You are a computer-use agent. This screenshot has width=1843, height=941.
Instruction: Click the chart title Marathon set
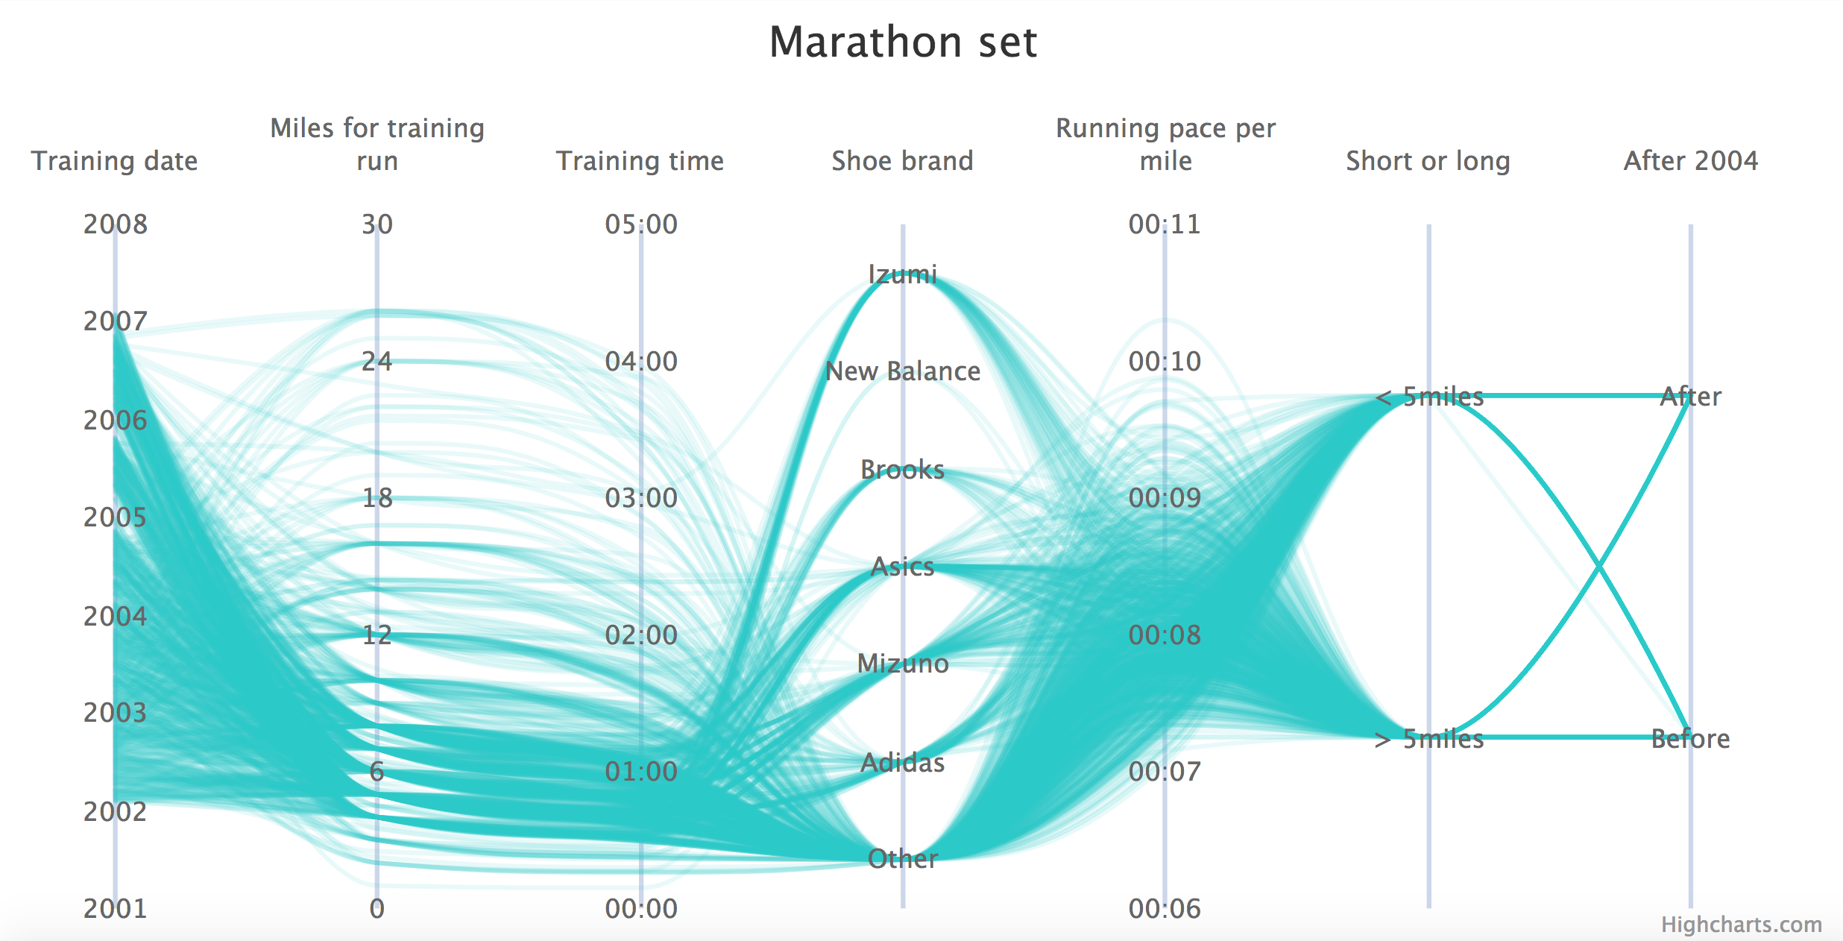[903, 42]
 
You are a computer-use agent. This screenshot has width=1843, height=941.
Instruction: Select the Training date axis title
[115, 161]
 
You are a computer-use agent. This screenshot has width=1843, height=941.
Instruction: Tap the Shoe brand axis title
[902, 161]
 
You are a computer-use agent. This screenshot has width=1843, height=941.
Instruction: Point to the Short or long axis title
[1428, 161]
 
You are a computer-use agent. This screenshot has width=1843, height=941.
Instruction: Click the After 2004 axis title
[1691, 161]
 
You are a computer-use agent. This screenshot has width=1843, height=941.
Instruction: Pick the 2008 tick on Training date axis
[116, 224]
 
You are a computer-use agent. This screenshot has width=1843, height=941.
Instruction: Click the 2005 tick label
[116, 517]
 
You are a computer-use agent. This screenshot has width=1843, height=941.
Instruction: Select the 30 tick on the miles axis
[377, 224]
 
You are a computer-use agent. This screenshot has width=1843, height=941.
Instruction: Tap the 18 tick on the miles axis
[377, 497]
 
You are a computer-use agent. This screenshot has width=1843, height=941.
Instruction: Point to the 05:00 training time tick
[641, 224]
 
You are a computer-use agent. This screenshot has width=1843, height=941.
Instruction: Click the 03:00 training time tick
[641, 497]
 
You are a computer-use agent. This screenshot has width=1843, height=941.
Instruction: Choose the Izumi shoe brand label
[902, 274]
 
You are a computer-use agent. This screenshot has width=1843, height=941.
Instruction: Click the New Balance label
[902, 371]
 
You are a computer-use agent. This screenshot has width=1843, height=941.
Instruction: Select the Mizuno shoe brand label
[902, 663]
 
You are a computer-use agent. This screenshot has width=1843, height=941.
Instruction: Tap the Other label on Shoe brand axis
[902, 858]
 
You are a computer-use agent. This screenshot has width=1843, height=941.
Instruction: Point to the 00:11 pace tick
[1165, 224]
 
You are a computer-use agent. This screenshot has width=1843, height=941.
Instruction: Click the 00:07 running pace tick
[1165, 771]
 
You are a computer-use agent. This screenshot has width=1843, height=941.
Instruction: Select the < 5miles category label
[1429, 396]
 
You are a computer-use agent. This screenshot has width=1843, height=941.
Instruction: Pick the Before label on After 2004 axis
[1690, 738]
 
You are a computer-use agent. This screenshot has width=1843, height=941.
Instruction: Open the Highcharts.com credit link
[1741, 925]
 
